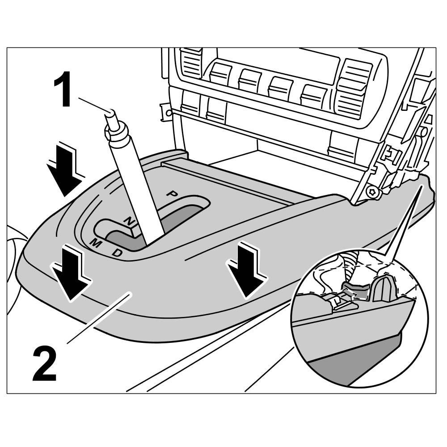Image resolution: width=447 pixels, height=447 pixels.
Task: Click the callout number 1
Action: (63, 91)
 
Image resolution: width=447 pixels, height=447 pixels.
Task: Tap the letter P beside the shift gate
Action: (172, 194)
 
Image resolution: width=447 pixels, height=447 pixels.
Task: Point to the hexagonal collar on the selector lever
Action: (115, 133)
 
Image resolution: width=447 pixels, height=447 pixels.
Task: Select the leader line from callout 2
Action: (98, 318)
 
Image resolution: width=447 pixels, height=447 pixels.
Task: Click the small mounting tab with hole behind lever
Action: (166, 112)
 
